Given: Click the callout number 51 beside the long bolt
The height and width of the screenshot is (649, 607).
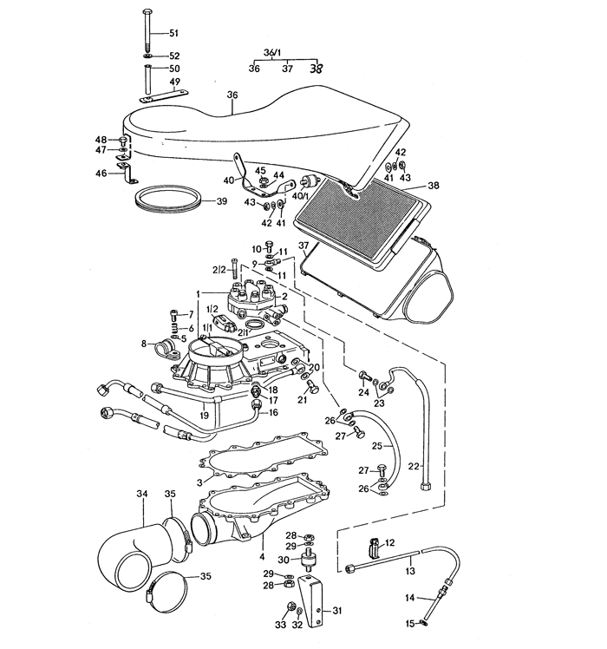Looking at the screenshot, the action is (x=173, y=33).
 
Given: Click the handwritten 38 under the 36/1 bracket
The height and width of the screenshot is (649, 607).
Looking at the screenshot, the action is (x=317, y=69).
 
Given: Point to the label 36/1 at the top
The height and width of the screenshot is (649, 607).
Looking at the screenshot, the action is (x=272, y=53).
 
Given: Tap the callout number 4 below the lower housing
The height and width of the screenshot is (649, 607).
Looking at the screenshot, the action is (x=262, y=557).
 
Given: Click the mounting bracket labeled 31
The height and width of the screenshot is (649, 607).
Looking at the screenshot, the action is (x=312, y=600).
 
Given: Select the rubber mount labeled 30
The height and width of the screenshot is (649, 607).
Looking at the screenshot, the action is (x=308, y=560).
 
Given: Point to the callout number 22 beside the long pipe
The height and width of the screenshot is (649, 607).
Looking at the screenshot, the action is (x=414, y=467).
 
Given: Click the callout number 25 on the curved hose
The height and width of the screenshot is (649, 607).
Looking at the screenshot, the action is (x=377, y=446).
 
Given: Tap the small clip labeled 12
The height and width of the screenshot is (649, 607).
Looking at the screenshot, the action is (x=374, y=548).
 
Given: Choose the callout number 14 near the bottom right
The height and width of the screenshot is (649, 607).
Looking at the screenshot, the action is (x=409, y=598).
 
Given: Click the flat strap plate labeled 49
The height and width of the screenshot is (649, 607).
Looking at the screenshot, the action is (x=164, y=97).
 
